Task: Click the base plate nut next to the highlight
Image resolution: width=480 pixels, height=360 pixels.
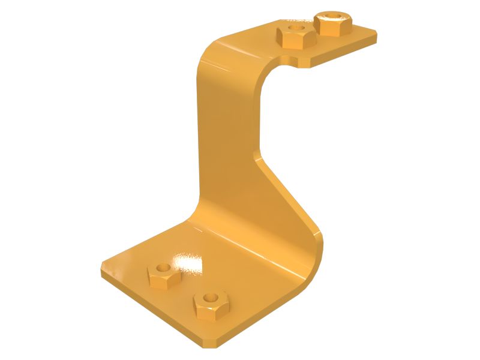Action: pos(164,275)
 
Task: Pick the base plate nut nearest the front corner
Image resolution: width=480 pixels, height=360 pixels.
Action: pos(211,305)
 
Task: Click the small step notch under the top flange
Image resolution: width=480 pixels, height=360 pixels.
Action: pos(292,61)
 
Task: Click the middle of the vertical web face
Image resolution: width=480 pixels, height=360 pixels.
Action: pos(228,138)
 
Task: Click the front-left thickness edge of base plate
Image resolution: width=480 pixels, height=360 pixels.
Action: pos(150,308)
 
